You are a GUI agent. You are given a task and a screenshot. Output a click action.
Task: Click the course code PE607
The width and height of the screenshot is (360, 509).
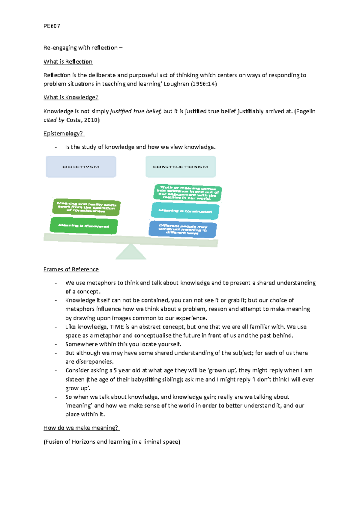click(x=52, y=26)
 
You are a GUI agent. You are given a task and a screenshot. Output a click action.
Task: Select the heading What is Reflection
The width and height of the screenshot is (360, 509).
click(x=68, y=62)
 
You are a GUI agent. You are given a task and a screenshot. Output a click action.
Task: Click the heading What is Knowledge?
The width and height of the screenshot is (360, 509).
click(x=71, y=97)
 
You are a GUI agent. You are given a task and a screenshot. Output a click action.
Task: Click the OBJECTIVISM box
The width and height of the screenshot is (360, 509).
click(x=81, y=167)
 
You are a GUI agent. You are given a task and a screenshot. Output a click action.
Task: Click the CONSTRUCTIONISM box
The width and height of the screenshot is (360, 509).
click(x=181, y=167)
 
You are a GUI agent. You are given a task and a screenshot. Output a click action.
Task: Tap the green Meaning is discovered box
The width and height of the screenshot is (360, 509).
click(x=84, y=226)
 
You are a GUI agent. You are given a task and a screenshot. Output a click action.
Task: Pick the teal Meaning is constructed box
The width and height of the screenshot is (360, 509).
click(x=185, y=211)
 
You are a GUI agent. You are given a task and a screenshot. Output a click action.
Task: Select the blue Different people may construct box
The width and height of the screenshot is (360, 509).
click(x=183, y=229)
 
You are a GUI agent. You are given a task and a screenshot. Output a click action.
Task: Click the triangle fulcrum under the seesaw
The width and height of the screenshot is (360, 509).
click(x=131, y=253)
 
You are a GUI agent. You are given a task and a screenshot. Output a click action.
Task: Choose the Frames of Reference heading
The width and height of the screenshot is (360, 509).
click(x=71, y=269)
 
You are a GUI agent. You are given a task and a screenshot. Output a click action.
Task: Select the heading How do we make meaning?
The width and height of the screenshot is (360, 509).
click(x=81, y=428)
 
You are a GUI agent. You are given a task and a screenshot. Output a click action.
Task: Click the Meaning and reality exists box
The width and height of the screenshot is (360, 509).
click(x=86, y=207)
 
